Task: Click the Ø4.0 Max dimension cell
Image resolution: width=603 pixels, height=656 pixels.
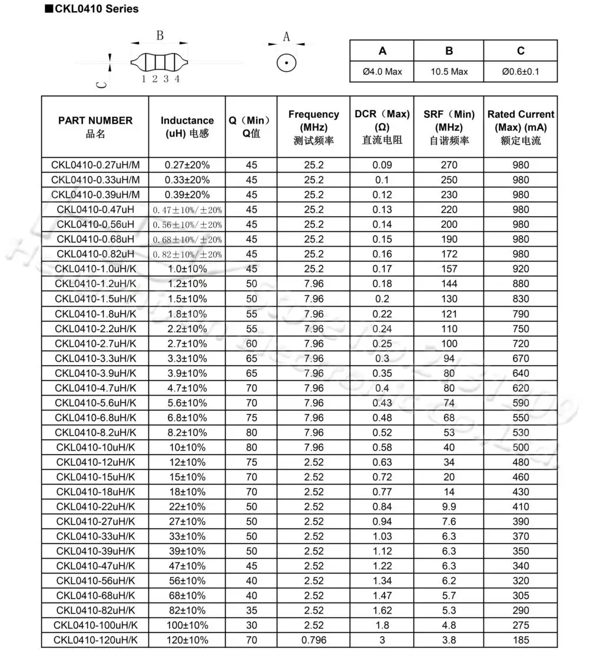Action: click(382, 71)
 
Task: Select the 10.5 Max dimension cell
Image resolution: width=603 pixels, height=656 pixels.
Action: click(449, 71)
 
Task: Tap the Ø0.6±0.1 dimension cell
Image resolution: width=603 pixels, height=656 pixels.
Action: click(521, 71)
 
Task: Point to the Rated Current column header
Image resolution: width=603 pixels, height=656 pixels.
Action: click(521, 127)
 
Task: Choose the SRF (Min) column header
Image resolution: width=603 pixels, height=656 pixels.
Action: click(449, 127)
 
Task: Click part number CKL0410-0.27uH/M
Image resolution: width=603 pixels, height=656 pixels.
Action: click(95, 165)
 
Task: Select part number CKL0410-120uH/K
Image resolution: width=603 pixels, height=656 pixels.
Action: click(95, 640)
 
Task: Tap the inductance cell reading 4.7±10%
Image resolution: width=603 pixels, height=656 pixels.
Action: click(187, 388)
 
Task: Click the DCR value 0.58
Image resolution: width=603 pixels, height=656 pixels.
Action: click(382, 447)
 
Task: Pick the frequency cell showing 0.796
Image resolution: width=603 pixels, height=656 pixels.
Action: click(313, 640)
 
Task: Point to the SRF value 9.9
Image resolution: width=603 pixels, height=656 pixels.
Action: click(449, 506)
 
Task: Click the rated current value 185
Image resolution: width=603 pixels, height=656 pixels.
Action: click(521, 640)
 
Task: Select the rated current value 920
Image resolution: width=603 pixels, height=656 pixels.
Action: click(521, 269)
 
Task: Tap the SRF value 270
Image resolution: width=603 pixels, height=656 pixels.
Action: click(449, 165)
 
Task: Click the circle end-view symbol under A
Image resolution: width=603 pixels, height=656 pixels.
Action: click(286, 62)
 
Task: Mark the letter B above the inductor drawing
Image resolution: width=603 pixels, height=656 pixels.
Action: click(160, 36)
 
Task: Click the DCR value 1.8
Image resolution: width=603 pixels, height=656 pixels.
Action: click(382, 625)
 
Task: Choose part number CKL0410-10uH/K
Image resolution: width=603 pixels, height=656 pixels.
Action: click(95, 447)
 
